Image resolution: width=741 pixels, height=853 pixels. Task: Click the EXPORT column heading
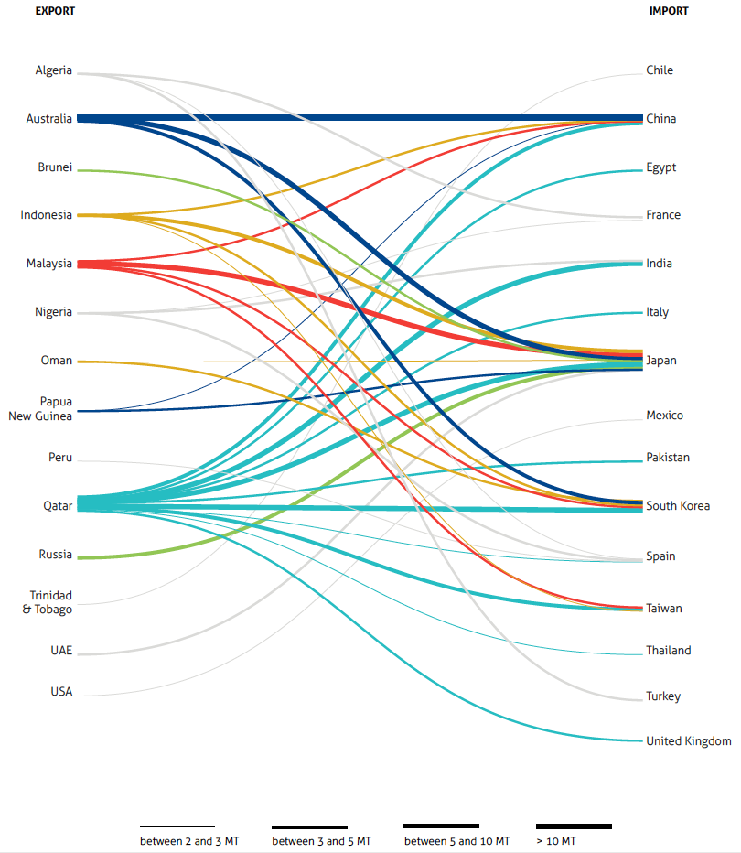(x=55, y=11)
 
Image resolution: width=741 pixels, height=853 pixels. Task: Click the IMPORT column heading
(x=669, y=11)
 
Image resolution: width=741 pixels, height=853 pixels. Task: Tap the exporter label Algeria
(x=53, y=70)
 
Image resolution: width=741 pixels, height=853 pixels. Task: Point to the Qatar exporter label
(x=58, y=505)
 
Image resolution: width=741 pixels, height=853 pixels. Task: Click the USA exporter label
(x=61, y=692)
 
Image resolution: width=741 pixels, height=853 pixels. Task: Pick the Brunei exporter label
(x=55, y=167)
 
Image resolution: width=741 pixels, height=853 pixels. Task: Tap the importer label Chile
(x=660, y=70)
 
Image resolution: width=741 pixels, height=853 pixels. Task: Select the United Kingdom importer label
(x=688, y=740)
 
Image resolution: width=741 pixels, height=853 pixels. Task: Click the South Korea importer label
(x=678, y=505)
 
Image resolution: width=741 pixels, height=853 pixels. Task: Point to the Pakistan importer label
(x=668, y=457)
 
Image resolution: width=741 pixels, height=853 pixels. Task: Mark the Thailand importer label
(x=668, y=651)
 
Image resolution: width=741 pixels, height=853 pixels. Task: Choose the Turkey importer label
(x=663, y=696)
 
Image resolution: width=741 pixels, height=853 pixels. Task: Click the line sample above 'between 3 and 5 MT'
(x=309, y=827)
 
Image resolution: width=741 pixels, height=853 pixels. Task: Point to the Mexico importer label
(x=664, y=416)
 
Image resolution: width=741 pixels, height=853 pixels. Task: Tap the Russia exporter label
(x=55, y=555)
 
